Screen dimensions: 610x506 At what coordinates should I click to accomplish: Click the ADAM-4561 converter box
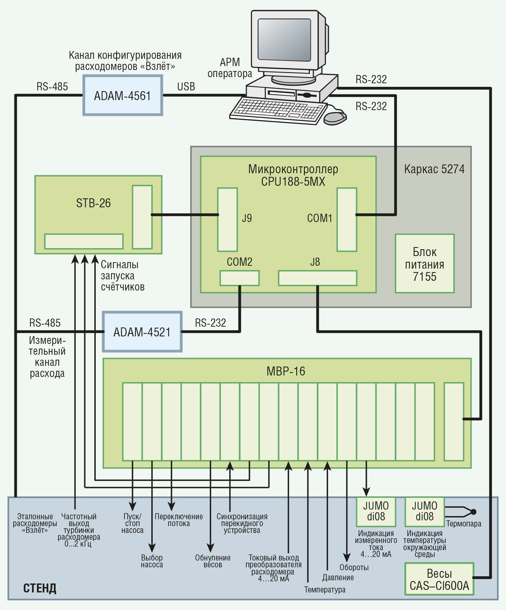(x=123, y=95)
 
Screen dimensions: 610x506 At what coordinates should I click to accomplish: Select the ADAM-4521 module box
(x=142, y=332)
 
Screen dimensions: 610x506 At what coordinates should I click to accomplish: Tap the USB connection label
(x=186, y=87)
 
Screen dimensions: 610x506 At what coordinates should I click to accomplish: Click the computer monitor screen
(x=284, y=39)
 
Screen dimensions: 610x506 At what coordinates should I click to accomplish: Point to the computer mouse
(x=335, y=118)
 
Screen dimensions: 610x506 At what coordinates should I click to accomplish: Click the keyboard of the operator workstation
(x=278, y=111)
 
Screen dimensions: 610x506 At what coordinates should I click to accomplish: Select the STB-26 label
(x=93, y=203)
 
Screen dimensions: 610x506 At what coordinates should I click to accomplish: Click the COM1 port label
(x=320, y=218)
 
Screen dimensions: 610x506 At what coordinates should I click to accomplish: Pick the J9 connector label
(x=247, y=218)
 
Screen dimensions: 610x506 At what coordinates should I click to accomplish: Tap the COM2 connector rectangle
(x=240, y=278)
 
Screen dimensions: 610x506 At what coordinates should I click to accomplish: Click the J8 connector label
(x=315, y=262)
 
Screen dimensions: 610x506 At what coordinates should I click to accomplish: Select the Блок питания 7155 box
(x=425, y=264)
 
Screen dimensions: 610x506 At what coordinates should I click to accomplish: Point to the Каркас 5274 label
(x=434, y=169)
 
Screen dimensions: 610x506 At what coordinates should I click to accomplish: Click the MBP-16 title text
(x=286, y=371)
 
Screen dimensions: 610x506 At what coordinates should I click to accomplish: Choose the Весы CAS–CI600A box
(x=439, y=580)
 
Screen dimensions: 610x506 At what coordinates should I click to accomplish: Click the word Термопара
(x=464, y=524)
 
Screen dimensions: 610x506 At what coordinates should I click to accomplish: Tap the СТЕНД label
(x=40, y=588)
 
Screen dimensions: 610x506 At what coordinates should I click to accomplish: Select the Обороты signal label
(x=354, y=568)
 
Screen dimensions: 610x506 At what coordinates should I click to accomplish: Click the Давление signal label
(x=338, y=578)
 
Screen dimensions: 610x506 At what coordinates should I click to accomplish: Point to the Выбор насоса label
(x=152, y=561)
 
